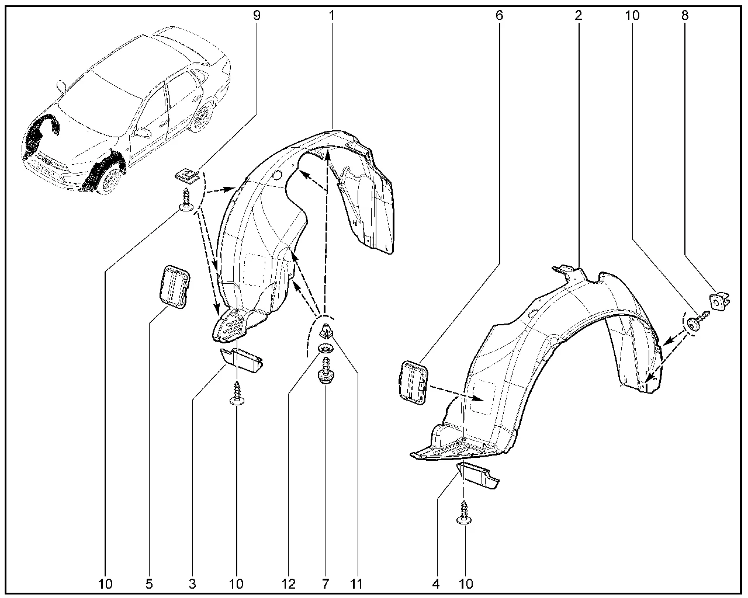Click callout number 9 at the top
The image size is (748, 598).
point(257,16)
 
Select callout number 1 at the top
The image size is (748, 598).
point(331,16)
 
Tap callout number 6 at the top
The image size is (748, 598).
point(499,16)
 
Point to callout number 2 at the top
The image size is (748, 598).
point(579,16)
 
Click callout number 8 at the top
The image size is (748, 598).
point(685,16)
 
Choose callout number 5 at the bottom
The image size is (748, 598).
point(149,584)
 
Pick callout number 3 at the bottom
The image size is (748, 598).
point(192,584)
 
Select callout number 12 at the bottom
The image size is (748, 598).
point(289,584)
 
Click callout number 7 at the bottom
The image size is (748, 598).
point(325,584)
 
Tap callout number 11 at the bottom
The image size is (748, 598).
point(356,584)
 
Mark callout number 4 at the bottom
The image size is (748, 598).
point(436,584)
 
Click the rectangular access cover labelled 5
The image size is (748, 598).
point(175,287)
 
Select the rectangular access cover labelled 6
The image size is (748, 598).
point(413,383)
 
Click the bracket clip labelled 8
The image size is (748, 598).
point(719,301)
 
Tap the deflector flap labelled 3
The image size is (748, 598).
point(241,360)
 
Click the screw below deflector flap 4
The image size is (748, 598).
point(464,512)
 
